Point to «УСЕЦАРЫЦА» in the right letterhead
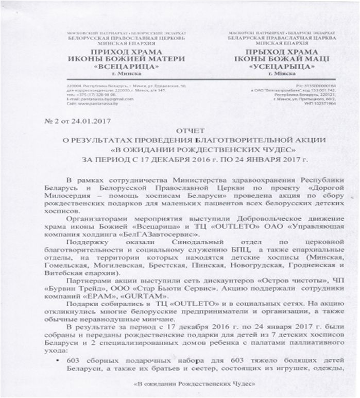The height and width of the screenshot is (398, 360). click(279, 67)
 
